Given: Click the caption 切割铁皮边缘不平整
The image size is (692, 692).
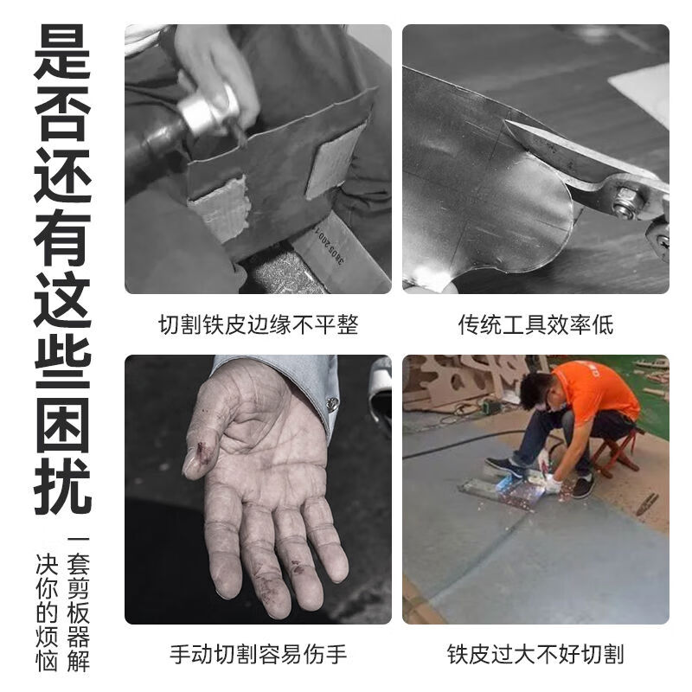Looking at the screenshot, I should [258, 325].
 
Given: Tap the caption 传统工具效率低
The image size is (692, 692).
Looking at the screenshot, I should [535, 325].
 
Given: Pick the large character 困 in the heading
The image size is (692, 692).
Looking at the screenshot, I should [61, 420].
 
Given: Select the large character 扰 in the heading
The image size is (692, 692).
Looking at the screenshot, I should [61, 483].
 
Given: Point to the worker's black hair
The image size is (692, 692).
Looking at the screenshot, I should [536, 381].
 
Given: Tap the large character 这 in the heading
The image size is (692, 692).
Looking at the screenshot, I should [61, 298].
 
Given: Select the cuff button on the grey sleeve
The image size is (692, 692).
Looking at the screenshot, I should [332, 403].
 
